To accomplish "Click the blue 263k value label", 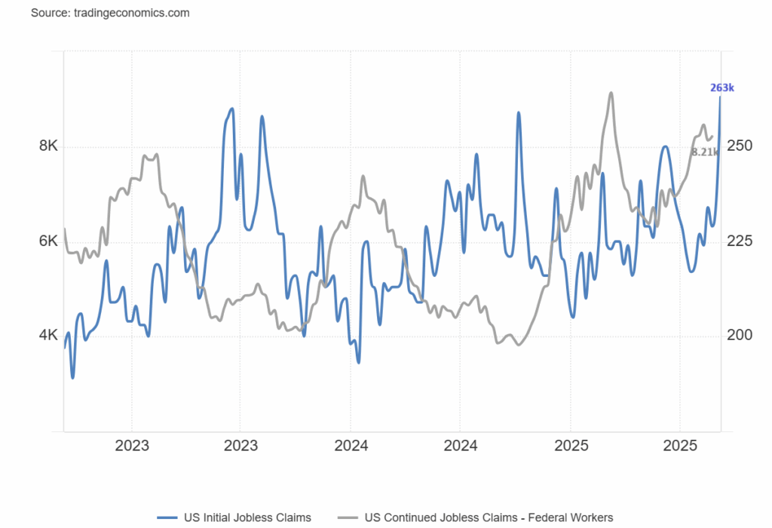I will [x=721, y=87].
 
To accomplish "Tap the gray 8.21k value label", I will [x=704, y=152].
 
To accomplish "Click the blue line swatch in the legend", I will [x=167, y=517].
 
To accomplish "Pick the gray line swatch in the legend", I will [x=348, y=517].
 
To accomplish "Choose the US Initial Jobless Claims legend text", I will [x=247, y=517].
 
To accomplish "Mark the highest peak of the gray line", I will [x=611, y=93].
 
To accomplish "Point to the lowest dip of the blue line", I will [x=72, y=377].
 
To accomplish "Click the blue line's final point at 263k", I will [x=721, y=97].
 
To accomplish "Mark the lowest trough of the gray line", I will [x=518, y=345].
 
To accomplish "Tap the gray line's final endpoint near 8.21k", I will [x=712, y=136].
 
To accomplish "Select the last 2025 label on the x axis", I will [x=679, y=445].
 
